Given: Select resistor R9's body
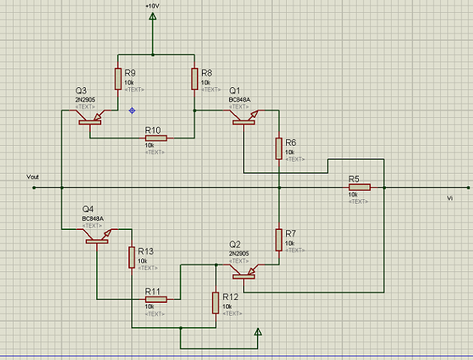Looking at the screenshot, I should [x=118, y=78].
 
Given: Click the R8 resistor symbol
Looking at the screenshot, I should [x=194, y=78].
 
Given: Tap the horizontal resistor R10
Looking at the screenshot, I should [x=155, y=138].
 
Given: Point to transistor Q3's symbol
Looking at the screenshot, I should [x=90, y=116].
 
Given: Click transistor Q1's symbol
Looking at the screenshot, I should [x=244, y=116].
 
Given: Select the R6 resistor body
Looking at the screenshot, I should [x=279, y=148].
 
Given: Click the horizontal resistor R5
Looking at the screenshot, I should [x=359, y=187].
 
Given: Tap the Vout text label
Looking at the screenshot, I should [x=32, y=177].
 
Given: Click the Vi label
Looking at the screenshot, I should [x=450, y=198].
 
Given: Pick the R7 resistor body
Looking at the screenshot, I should [x=279, y=239].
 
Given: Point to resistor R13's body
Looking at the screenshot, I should [x=132, y=257].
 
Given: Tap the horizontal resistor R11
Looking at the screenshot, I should [x=155, y=298].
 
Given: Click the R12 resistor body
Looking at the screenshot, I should [x=216, y=302].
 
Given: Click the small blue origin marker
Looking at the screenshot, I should [x=132, y=110].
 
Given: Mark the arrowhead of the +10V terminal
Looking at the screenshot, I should [x=152, y=19].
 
